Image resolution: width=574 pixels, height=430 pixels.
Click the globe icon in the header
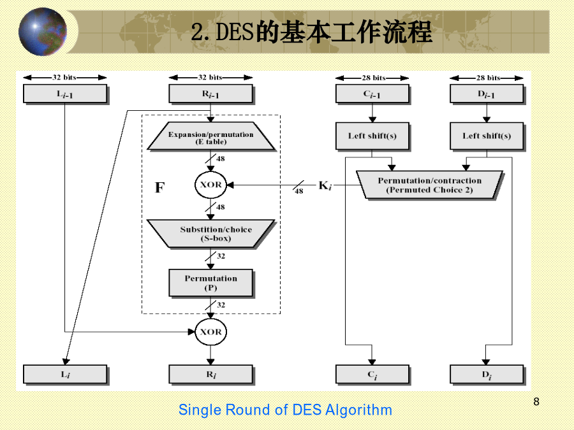[43, 32]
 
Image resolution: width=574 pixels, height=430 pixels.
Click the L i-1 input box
[65, 94]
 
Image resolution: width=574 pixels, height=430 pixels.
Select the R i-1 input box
[211, 94]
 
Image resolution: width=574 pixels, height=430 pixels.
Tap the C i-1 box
[372, 94]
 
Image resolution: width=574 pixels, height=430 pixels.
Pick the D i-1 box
[487, 94]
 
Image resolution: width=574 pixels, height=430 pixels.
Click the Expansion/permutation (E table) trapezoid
[211, 136]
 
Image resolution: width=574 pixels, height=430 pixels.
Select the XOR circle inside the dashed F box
[211, 185]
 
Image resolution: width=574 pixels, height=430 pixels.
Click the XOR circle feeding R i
[211, 332]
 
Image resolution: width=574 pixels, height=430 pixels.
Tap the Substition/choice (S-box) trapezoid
[211, 234]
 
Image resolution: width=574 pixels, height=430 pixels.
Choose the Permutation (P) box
[211, 283]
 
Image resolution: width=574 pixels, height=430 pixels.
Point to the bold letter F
[159, 187]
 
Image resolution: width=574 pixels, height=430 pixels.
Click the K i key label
[325, 186]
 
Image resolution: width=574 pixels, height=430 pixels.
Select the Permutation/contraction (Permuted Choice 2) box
[430, 185]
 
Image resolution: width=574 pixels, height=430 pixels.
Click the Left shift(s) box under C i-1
[372, 136]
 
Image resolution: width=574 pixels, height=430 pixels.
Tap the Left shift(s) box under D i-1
[487, 136]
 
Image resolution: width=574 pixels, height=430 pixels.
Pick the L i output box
[65, 375]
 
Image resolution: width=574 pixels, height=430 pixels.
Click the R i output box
[211, 375]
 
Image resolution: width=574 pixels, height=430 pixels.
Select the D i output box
[487, 375]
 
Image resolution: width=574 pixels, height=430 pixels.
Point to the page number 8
[536, 401]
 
